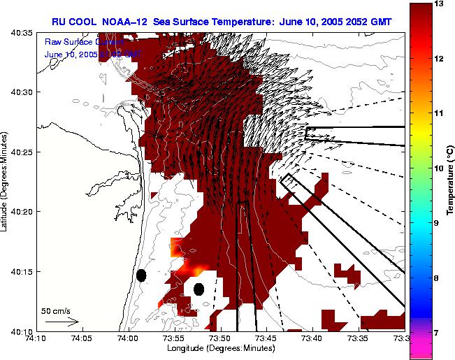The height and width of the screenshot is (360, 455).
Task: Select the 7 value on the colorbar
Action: point(438,333)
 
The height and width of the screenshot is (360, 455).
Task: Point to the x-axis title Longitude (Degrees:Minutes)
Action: point(219,348)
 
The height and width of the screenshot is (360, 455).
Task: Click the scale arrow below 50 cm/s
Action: point(62,322)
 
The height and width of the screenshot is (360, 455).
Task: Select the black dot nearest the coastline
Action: point(141,275)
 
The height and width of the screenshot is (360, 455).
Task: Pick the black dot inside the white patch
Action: point(198,289)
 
